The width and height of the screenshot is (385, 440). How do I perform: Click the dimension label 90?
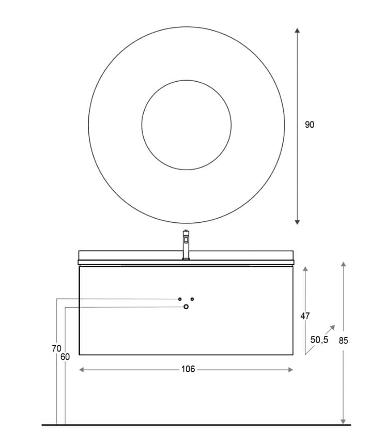click(x=309, y=125)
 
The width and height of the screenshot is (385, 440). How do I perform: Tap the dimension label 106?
click(x=188, y=369)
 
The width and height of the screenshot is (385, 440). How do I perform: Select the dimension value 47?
click(x=305, y=315)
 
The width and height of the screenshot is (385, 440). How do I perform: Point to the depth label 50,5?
click(x=319, y=340)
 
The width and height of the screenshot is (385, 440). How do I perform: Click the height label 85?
click(x=343, y=340)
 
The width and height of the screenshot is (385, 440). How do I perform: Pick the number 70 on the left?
click(x=56, y=348)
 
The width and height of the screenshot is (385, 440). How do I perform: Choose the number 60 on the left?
click(x=65, y=357)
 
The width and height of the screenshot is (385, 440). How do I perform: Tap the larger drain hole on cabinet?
click(x=186, y=307)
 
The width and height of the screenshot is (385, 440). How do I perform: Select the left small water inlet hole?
click(x=180, y=299)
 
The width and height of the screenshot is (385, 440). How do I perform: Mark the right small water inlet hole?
click(x=192, y=299)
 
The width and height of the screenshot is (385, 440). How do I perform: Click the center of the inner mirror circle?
click(x=186, y=125)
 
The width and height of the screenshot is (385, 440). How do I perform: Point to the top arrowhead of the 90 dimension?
click(x=297, y=31)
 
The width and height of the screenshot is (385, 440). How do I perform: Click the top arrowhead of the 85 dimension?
click(x=343, y=264)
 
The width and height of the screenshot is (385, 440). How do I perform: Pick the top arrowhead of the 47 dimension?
click(x=305, y=269)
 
